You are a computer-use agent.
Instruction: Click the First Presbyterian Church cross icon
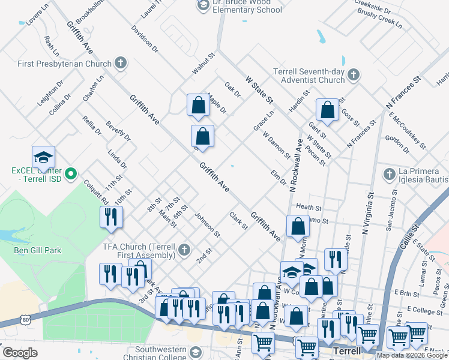(x=120, y=63)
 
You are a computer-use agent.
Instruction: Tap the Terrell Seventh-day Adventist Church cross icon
(x=354, y=75)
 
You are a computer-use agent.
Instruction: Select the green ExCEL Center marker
(x=71, y=175)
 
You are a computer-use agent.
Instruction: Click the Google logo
(x=20, y=352)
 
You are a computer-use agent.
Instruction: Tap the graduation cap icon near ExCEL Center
(x=43, y=157)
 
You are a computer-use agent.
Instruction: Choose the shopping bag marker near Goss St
(x=327, y=110)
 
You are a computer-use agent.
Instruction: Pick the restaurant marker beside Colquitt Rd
(x=111, y=217)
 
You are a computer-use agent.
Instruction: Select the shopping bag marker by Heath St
(x=298, y=227)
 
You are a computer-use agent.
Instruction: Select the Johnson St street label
(x=205, y=223)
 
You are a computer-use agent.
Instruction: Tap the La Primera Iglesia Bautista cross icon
(x=388, y=174)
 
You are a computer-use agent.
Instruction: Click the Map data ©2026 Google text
(x=411, y=355)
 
